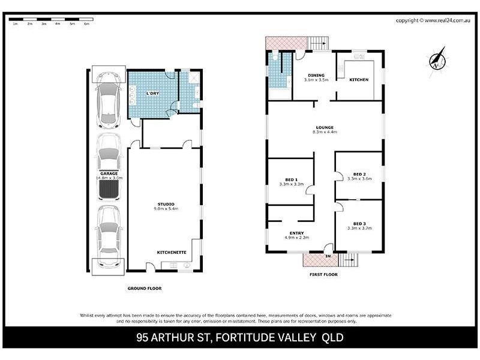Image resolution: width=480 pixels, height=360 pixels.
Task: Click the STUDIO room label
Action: (165, 204)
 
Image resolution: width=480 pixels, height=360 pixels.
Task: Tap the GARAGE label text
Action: (109, 173)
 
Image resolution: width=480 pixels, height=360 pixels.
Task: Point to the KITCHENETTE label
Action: (171, 252)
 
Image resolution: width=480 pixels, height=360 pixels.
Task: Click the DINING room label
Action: (316, 74)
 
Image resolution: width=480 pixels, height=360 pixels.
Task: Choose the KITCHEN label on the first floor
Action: (359, 80)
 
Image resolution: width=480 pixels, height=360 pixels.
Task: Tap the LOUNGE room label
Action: (325, 127)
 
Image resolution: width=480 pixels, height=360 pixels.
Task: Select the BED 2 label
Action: (359, 174)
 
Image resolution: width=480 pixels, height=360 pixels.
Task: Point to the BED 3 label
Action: (359, 223)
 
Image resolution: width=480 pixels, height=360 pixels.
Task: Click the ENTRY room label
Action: (296, 233)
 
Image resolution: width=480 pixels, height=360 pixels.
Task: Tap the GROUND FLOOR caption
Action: (145, 289)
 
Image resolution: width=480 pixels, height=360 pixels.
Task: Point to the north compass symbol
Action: (438, 59)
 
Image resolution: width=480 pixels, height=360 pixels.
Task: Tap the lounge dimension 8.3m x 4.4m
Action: (325, 132)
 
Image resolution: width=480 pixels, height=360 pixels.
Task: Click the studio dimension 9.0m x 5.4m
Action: (165, 209)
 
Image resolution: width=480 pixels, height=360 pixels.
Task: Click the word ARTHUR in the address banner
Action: (178, 337)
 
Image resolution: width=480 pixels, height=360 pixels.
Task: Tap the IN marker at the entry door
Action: (328, 257)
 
